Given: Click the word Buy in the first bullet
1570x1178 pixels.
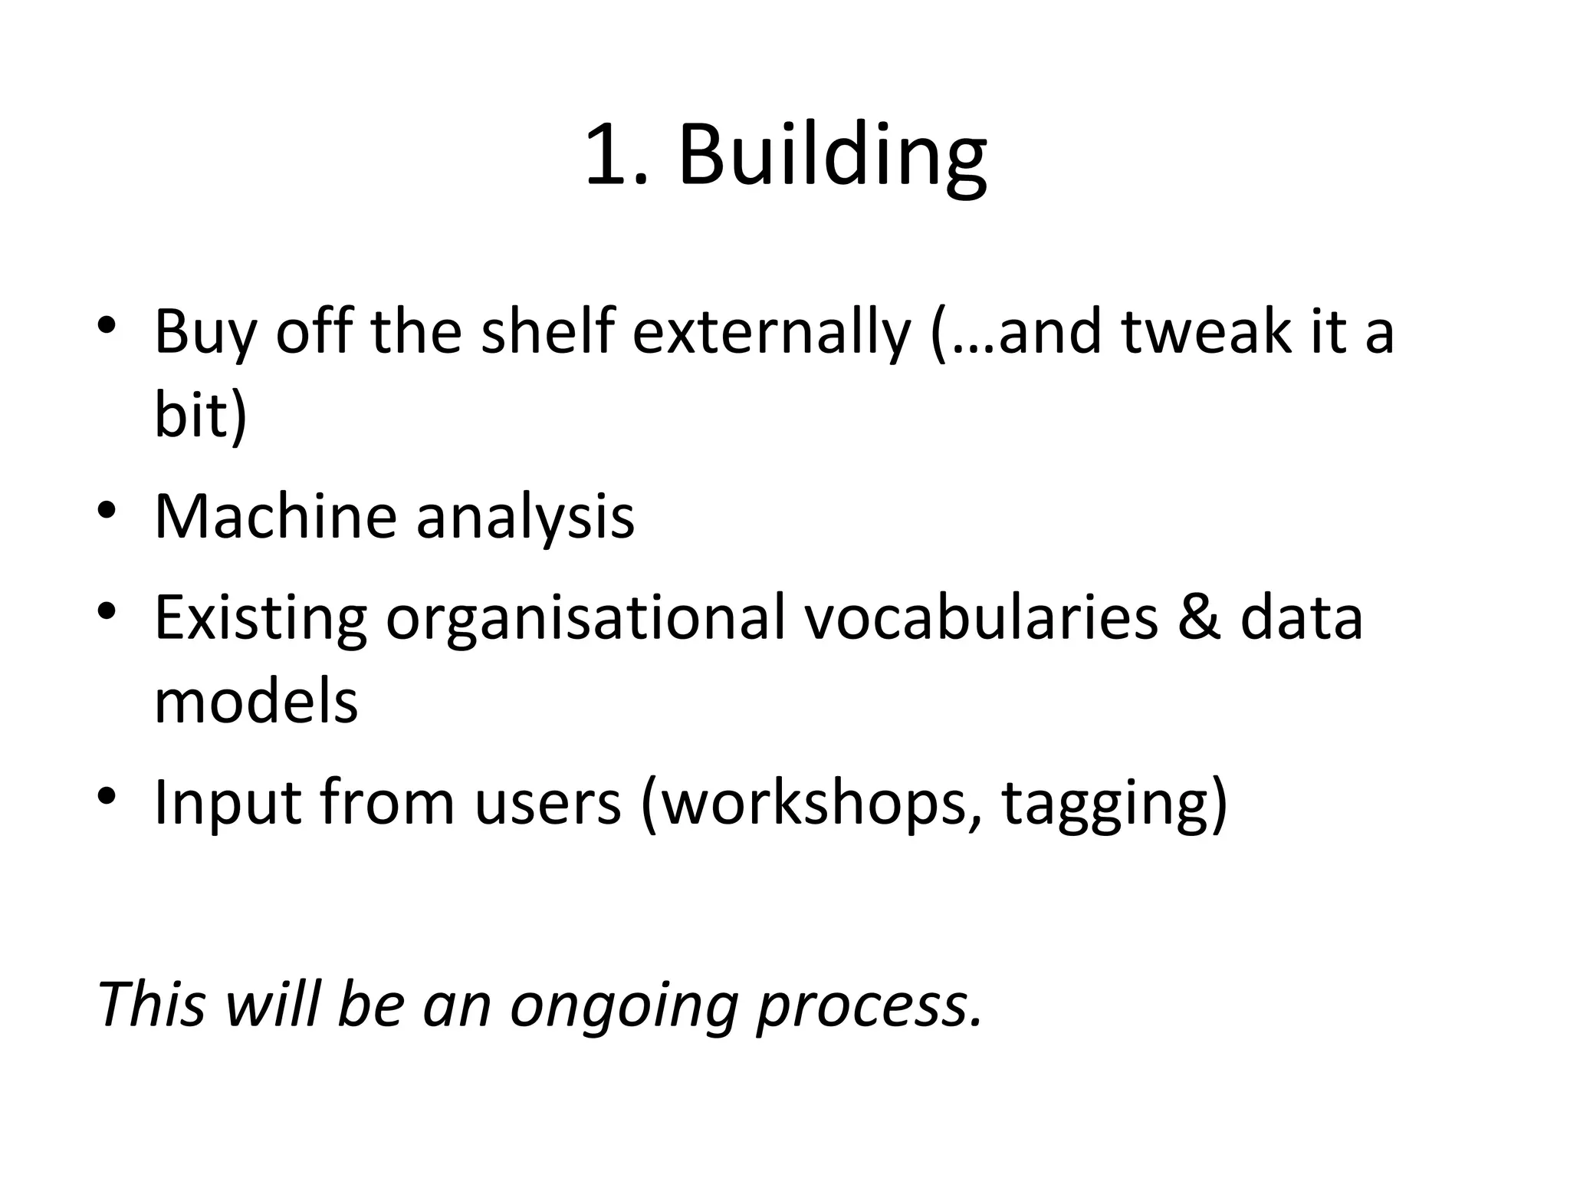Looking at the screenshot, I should (x=205, y=334).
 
